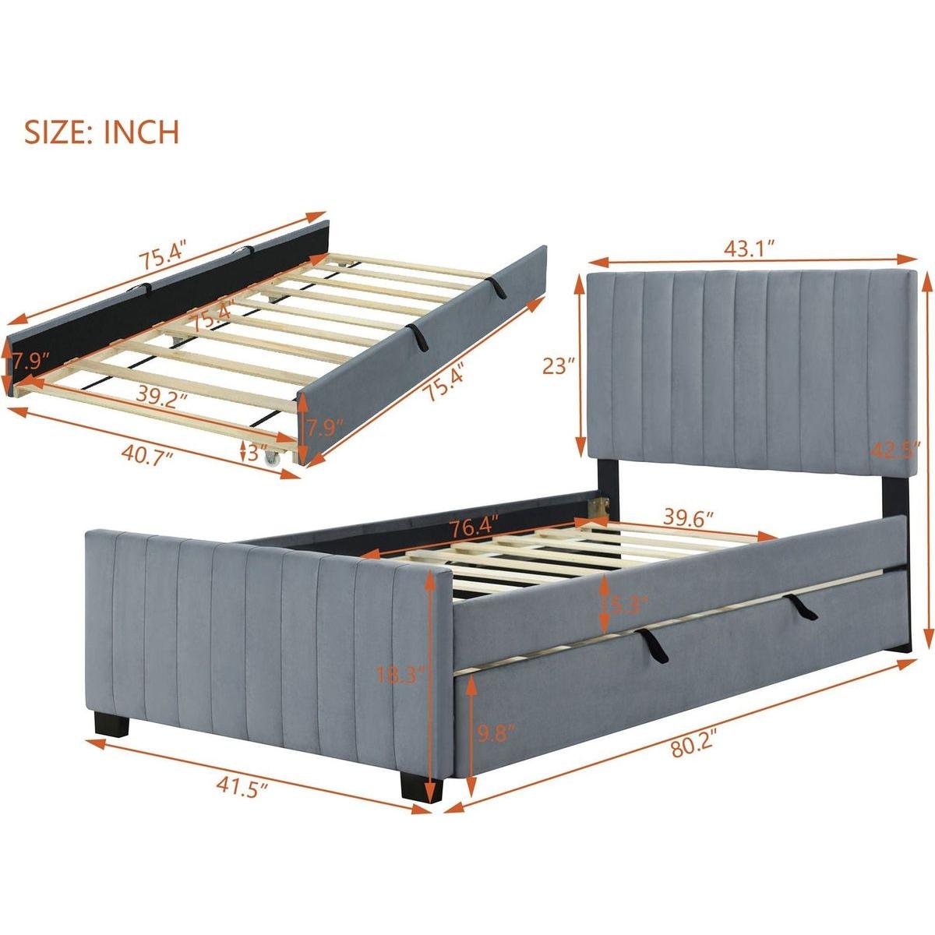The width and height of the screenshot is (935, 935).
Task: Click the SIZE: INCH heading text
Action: pyautogui.click(x=101, y=132)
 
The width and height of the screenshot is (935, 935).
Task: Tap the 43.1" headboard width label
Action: pyautogui.click(x=749, y=250)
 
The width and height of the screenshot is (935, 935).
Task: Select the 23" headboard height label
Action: pyautogui.click(x=559, y=366)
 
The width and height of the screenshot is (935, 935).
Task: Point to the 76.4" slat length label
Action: pyautogui.click(x=474, y=527)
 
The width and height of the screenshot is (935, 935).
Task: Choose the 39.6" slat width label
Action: pyautogui.click(x=689, y=520)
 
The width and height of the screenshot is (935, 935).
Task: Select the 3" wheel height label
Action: pyautogui.click(x=257, y=453)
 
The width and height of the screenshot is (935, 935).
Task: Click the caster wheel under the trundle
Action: pyautogui.click(x=272, y=458)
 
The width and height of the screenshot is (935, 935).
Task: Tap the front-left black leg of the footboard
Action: pyautogui.click(x=111, y=725)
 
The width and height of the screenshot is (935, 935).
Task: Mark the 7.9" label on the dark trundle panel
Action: pyautogui.click(x=30, y=362)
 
